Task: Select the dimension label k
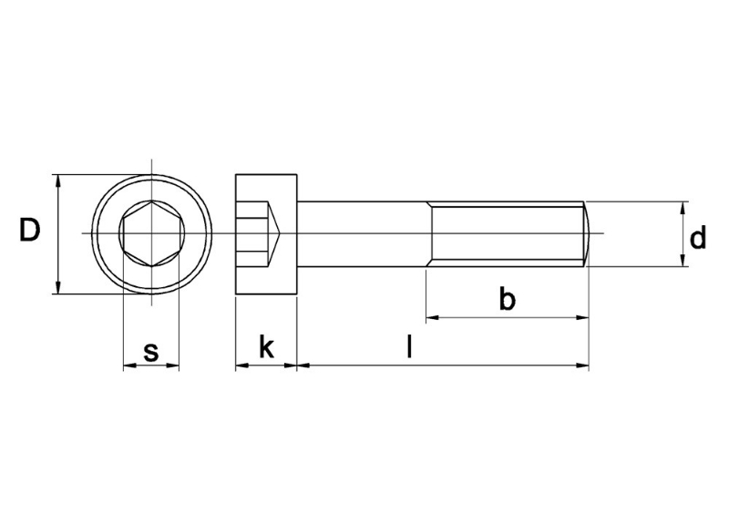(x=266, y=346)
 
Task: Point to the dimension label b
(x=508, y=299)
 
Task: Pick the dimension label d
(x=698, y=239)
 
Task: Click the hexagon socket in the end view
(x=150, y=234)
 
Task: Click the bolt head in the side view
(x=267, y=234)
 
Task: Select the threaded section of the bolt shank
(x=506, y=234)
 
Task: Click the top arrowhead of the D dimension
(x=58, y=180)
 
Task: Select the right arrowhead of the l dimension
(x=582, y=366)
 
